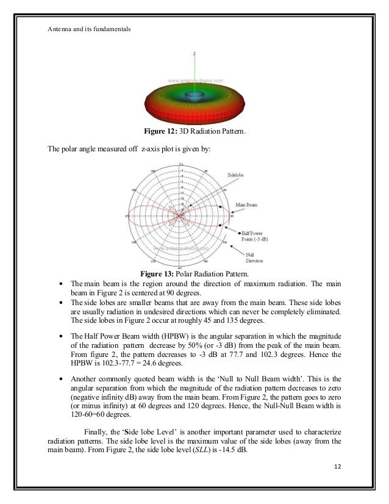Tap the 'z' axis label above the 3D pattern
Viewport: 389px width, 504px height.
[194, 54]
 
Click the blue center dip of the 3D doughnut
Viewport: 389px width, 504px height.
[194, 96]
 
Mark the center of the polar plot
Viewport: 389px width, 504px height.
[180, 215]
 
